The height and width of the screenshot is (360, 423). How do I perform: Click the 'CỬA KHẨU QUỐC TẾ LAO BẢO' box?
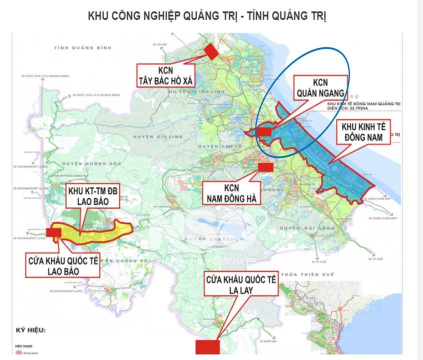63,265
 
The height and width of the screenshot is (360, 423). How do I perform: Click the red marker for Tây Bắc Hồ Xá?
212,51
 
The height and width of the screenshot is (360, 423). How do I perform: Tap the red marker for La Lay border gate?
207,346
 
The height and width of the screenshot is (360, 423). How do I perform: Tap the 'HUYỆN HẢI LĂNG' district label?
300,227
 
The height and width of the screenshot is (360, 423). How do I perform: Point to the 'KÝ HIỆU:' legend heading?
28,330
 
